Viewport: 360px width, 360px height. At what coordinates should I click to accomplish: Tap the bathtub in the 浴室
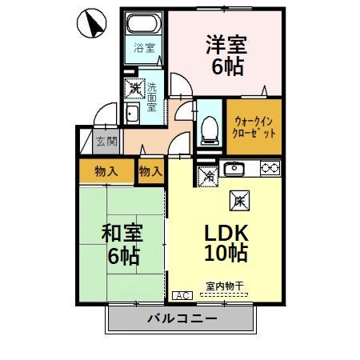pyautogui.click(x=144, y=25)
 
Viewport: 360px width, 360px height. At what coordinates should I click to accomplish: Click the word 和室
pyautogui.click(x=121, y=234)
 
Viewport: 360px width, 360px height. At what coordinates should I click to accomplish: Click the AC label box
pyautogui.click(x=181, y=295)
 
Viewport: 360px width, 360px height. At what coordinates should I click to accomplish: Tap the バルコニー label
pyautogui.click(x=181, y=320)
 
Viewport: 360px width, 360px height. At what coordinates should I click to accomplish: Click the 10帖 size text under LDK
pyautogui.click(x=226, y=254)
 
